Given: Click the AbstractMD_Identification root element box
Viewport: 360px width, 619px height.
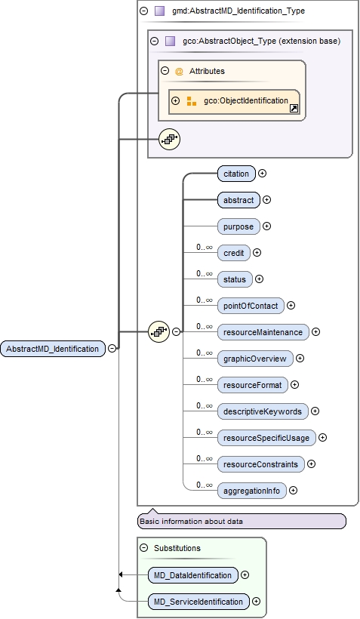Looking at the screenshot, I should [x=53, y=349].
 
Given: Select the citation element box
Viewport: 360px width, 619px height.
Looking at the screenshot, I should [x=236, y=174].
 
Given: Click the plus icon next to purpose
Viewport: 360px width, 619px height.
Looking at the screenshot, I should [x=266, y=226].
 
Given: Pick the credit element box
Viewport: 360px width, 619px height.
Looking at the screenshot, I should [x=234, y=253].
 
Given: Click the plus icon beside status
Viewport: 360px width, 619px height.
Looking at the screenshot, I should [x=259, y=279].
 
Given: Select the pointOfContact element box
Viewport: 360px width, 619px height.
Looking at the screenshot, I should [x=251, y=306].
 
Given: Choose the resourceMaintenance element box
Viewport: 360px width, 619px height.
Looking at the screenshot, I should [x=263, y=332].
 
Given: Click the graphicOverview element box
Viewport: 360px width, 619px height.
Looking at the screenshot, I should [x=254, y=359].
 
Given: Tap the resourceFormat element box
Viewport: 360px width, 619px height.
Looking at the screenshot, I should [x=252, y=385].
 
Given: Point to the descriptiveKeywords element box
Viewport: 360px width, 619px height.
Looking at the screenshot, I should [x=262, y=411].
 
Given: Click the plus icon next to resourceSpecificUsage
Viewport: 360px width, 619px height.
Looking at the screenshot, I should [x=322, y=438].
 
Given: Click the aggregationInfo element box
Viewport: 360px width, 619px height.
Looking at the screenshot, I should [x=251, y=491].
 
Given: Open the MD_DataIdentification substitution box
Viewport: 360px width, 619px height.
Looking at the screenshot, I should [x=192, y=575].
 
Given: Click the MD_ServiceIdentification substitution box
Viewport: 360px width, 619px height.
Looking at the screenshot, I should [x=198, y=602].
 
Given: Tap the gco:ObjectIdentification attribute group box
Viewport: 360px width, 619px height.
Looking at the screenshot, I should [x=234, y=101].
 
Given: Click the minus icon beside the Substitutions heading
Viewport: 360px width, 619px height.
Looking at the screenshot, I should [x=143, y=548].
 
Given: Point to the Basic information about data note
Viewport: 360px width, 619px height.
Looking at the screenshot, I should [x=242, y=522].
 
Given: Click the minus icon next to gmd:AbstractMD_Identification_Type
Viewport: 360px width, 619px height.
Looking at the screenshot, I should [x=143, y=11].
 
